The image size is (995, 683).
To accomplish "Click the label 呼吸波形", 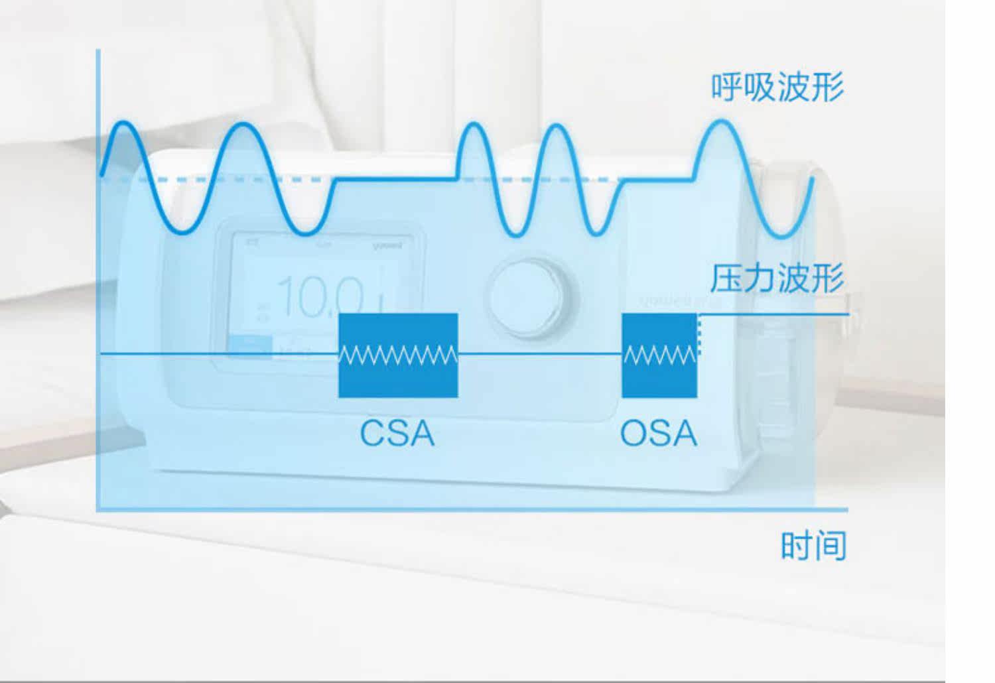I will coord(777,88).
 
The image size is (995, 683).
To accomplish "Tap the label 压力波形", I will coord(777,279).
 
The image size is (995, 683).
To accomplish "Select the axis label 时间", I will coord(814,546).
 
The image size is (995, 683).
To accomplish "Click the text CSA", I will coord(397,433).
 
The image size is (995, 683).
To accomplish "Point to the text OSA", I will coord(659,433).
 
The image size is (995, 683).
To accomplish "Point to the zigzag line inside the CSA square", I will coord(398,355).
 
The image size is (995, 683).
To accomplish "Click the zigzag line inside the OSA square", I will coord(659,356).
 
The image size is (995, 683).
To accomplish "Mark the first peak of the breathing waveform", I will coord(122,124).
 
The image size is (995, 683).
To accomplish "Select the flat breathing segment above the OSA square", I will coord(659,179).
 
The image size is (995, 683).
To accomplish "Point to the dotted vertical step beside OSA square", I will coord(699,335).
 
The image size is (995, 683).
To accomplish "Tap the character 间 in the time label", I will coord(831,546).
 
